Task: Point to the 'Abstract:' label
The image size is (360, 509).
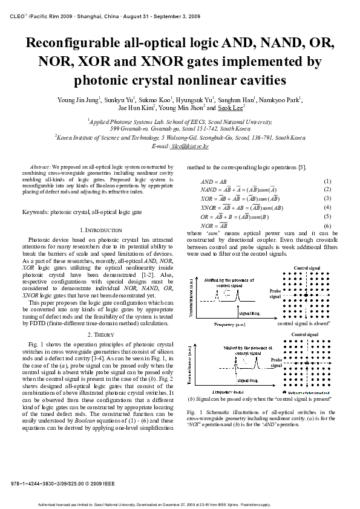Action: tap(40, 166)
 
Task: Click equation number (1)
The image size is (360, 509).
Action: tap(327, 181)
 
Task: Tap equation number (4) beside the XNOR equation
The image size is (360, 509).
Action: tap(327, 207)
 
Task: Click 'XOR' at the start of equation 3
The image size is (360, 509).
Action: tap(206, 199)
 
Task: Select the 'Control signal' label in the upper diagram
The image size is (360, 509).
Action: tap(305, 268)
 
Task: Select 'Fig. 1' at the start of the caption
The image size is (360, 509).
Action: tap(193, 411)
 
